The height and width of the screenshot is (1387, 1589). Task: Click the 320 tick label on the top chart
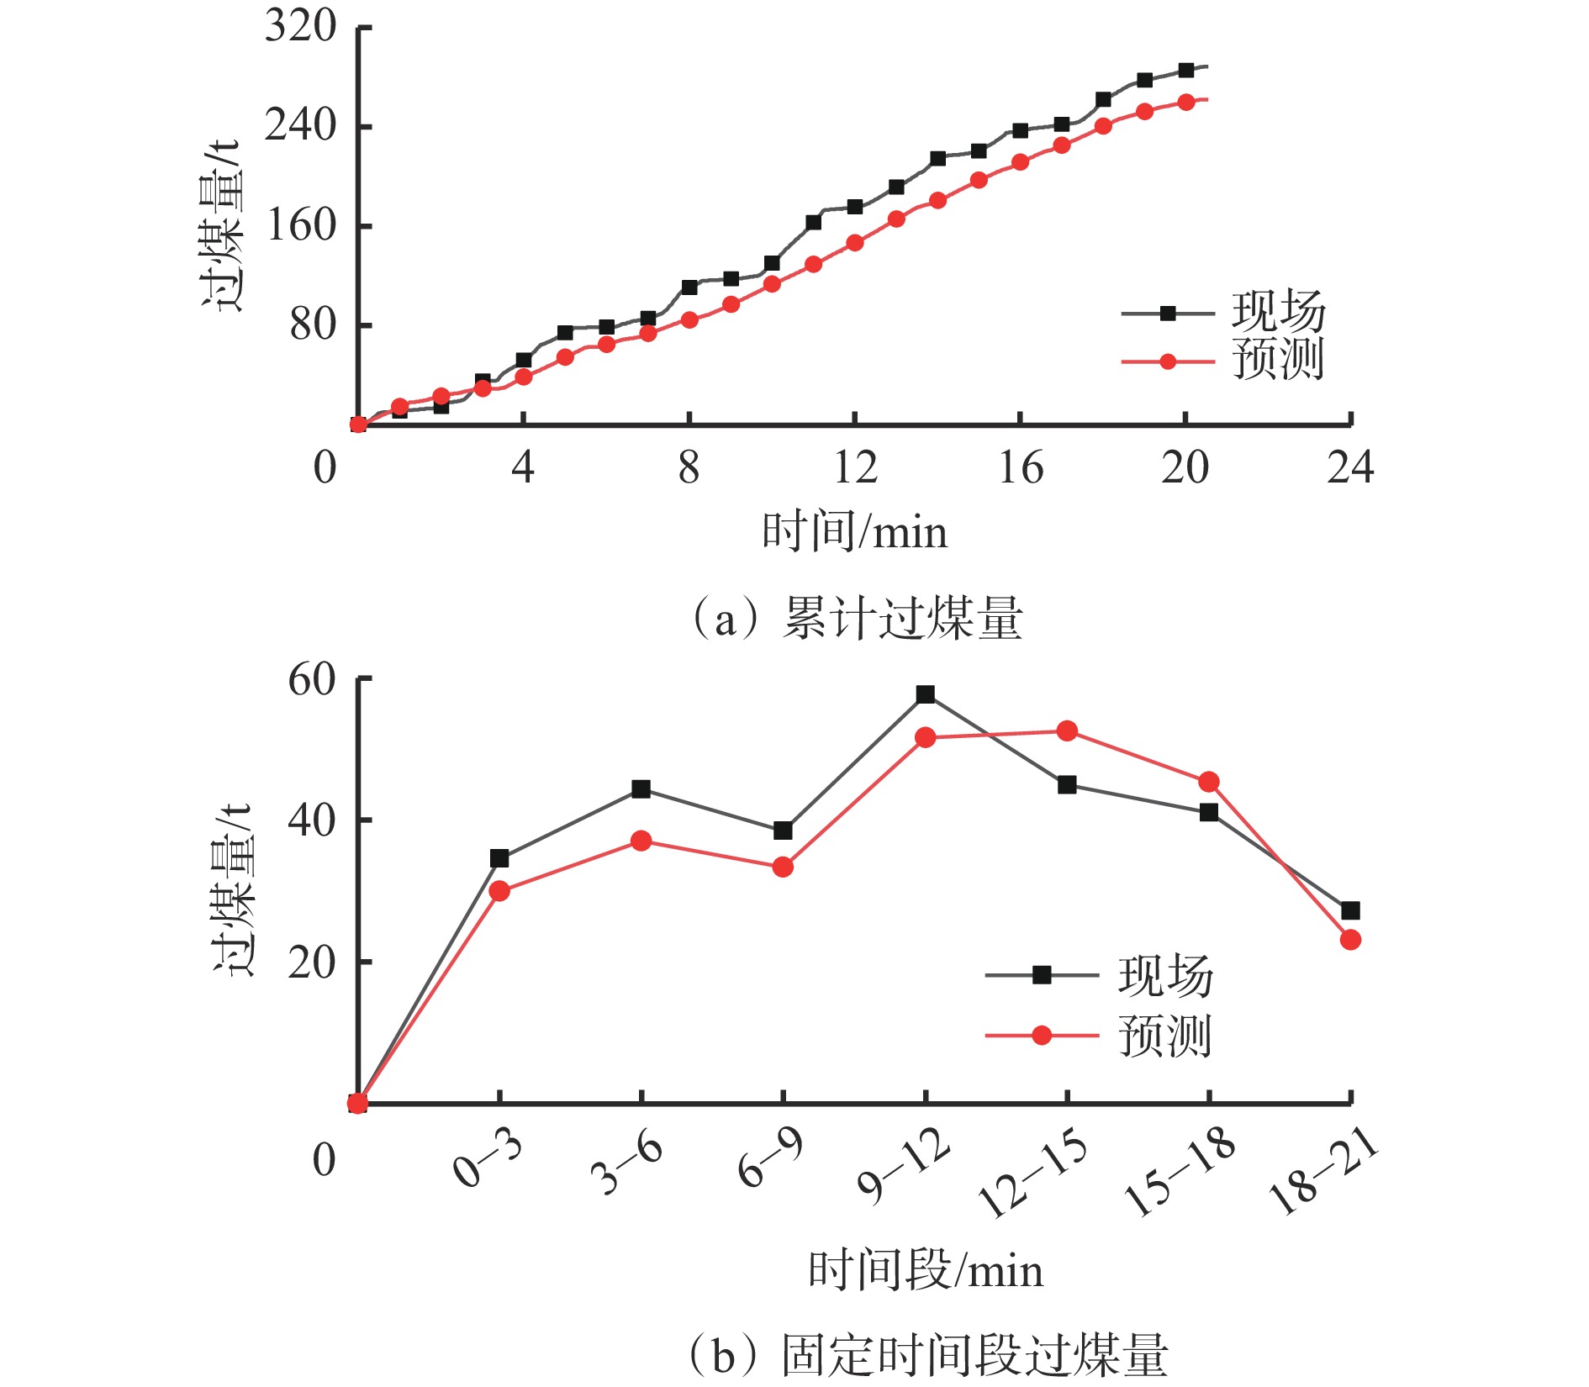[300, 26]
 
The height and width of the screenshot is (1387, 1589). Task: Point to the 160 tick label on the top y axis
[300, 225]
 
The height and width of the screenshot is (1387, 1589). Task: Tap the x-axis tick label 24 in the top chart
[1350, 467]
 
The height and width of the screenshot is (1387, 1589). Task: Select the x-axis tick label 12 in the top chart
[855, 467]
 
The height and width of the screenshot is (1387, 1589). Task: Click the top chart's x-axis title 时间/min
[854, 532]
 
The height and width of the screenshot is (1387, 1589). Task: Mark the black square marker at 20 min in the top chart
[1185, 71]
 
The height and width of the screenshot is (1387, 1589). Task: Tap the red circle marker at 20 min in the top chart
[1185, 103]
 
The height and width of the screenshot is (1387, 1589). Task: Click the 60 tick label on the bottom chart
[311, 679]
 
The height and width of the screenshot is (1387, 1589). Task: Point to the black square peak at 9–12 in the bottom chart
[926, 694]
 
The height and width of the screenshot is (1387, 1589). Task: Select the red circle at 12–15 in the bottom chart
[1067, 731]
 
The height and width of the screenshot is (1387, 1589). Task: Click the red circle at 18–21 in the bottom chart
[1350, 940]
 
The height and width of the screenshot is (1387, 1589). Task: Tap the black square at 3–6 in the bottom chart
[641, 789]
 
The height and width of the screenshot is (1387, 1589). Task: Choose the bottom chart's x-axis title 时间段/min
[926, 1270]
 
